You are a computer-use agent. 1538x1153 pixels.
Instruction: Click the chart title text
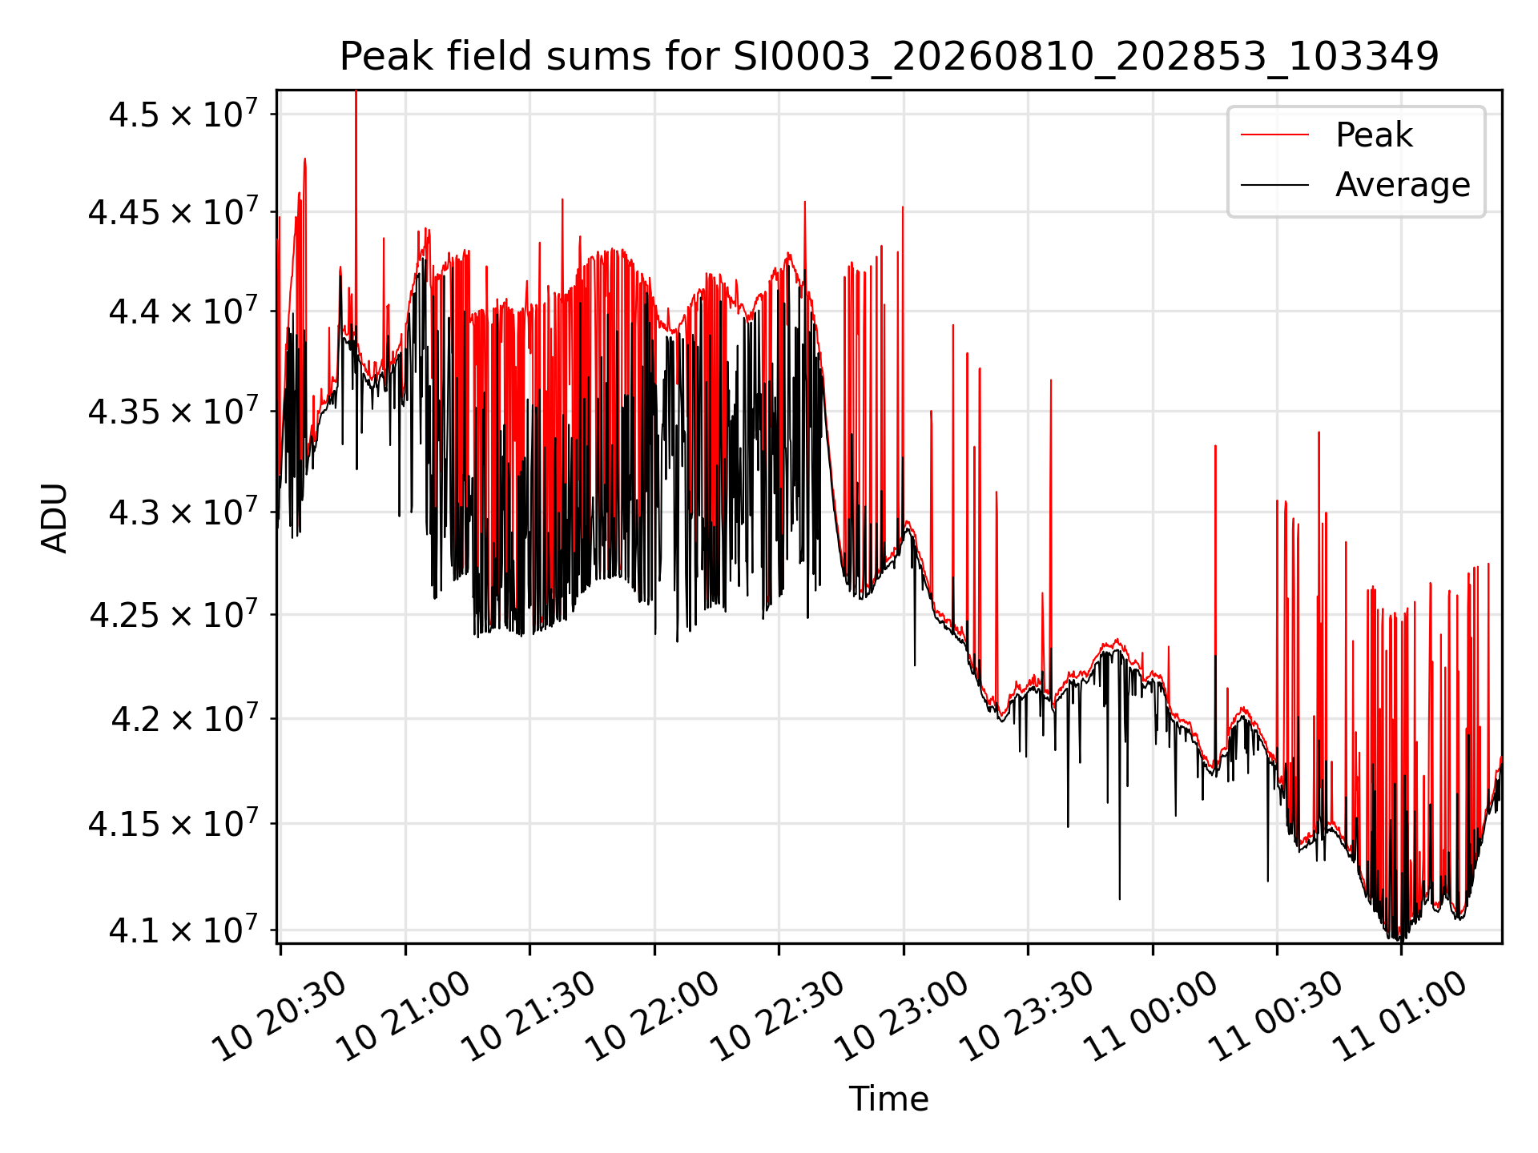tap(889, 57)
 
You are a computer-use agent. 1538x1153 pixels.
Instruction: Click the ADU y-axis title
tap(54, 517)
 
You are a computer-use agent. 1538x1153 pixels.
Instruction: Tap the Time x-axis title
tap(889, 1099)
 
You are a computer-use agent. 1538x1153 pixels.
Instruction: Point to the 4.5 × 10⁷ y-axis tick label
tap(183, 114)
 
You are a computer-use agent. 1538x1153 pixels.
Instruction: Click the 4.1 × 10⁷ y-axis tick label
tap(183, 930)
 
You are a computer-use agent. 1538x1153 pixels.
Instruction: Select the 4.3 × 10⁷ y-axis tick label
tap(183, 512)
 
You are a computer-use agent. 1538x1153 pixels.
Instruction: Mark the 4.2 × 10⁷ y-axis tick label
tap(183, 718)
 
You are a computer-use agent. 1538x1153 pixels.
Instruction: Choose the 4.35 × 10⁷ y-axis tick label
tap(174, 411)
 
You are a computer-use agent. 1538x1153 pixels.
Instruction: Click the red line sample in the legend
tap(1274, 135)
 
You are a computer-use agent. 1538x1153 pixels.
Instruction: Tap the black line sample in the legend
tap(1274, 185)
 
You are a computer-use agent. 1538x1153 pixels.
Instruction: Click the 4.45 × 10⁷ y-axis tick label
tap(174, 212)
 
